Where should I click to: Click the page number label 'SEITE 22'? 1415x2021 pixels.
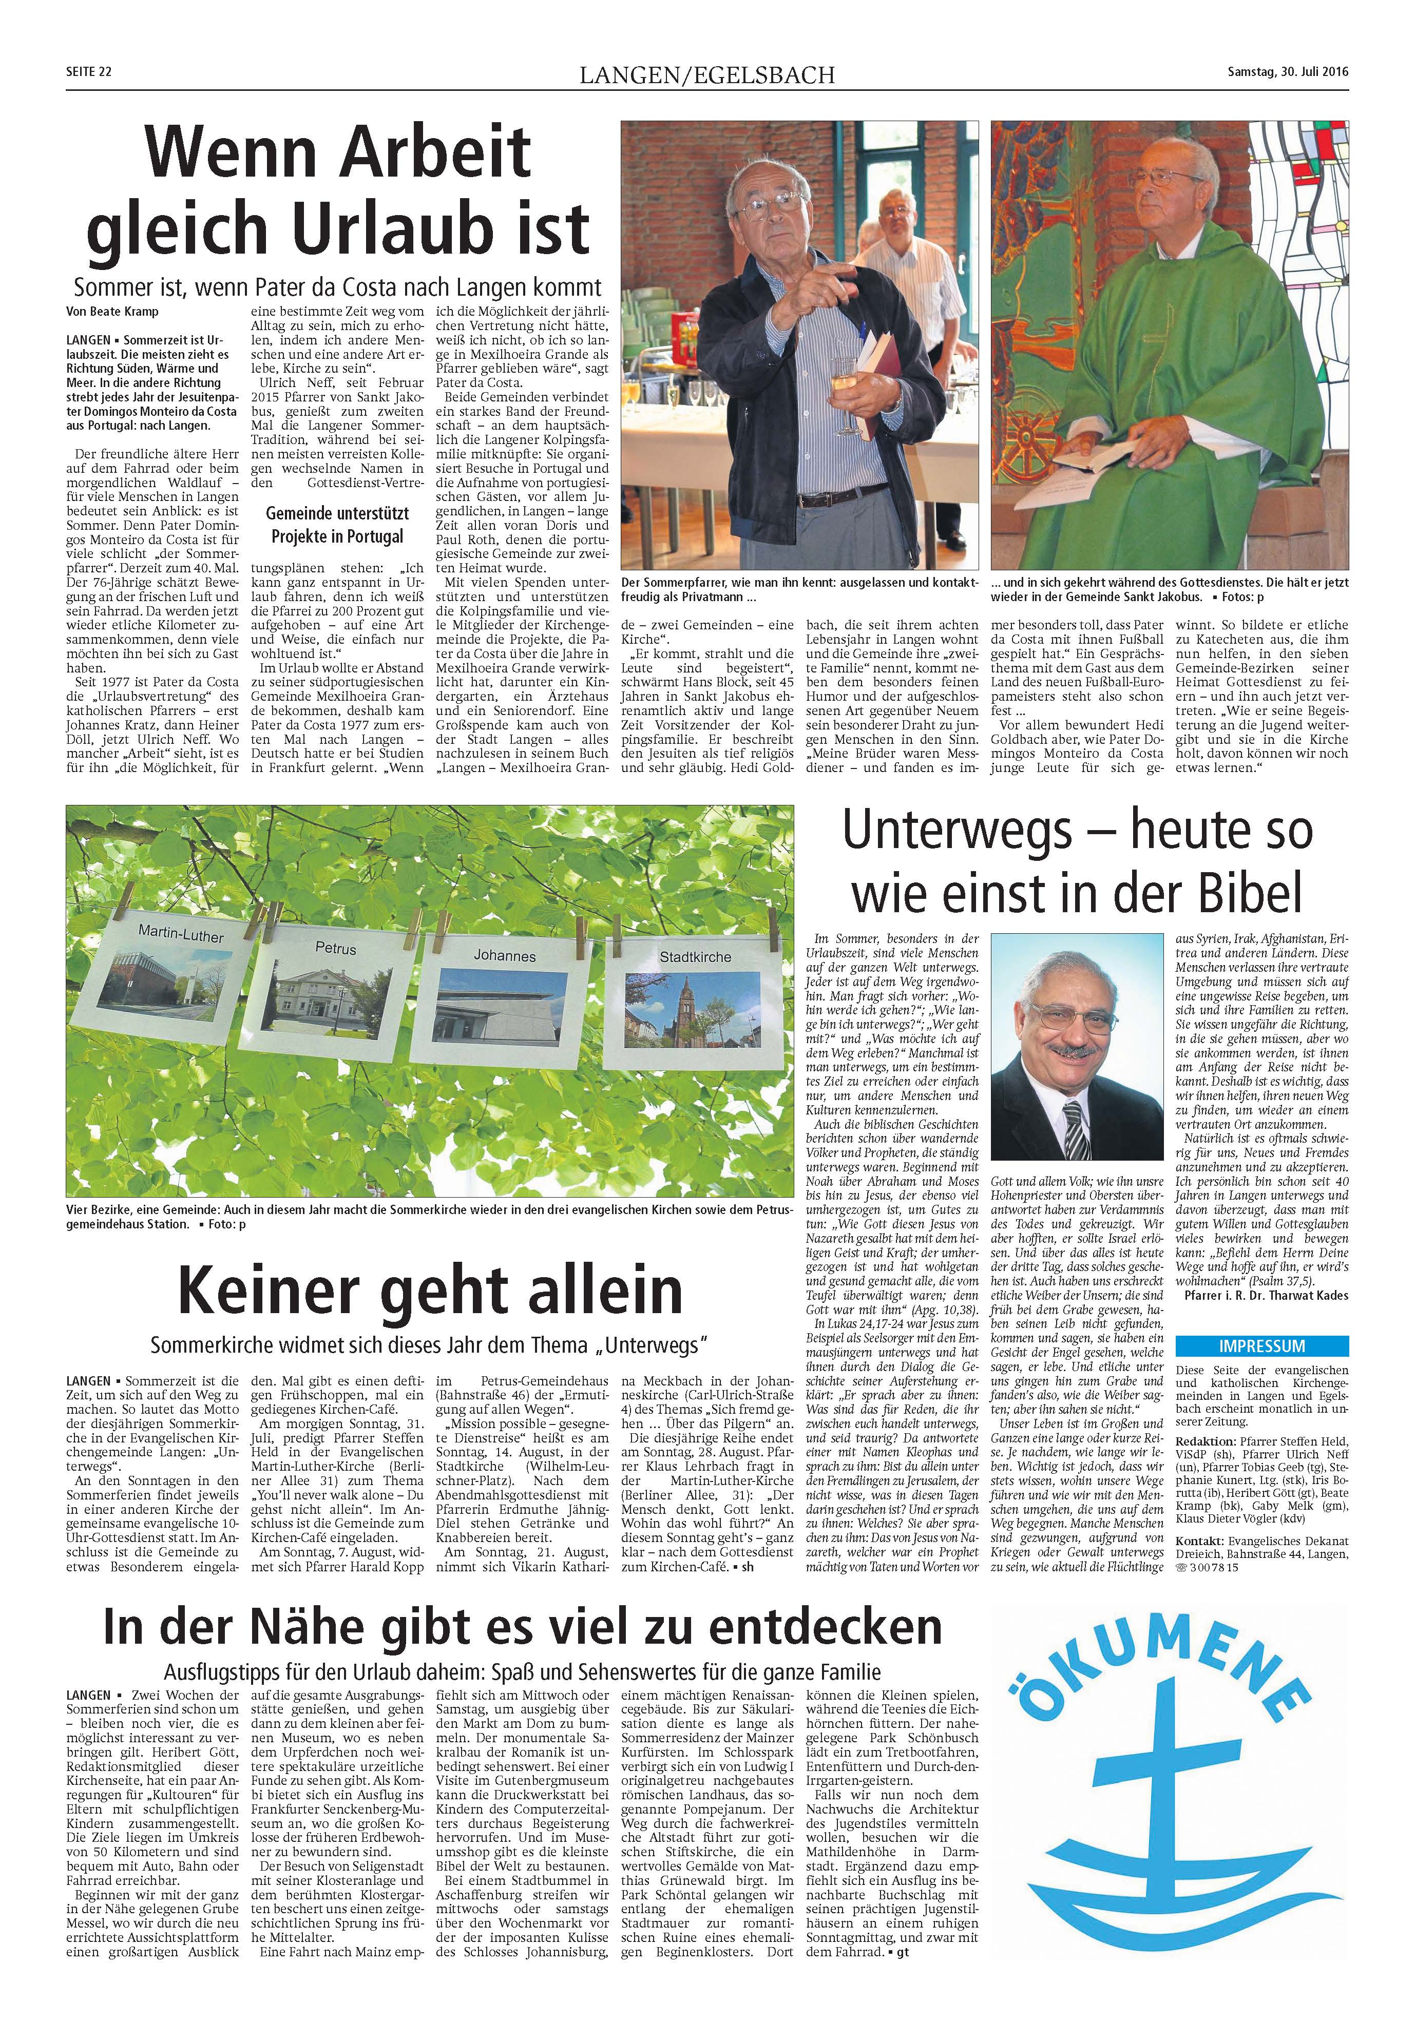click(x=89, y=72)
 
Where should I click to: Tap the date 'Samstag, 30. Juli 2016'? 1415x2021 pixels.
click(x=1287, y=72)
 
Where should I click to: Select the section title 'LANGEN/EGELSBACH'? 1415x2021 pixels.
click(x=706, y=75)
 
